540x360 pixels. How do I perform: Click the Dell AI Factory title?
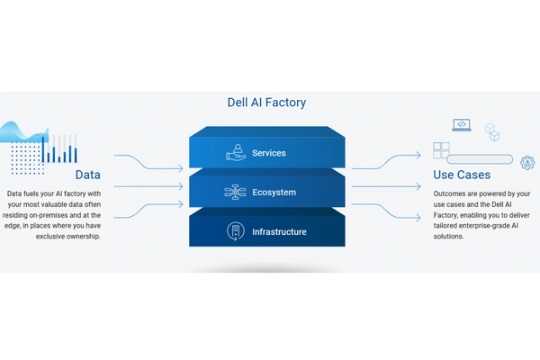(x=266, y=103)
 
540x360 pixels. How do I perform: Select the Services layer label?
(x=268, y=153)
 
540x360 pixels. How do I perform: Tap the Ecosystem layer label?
(x=274, y=193)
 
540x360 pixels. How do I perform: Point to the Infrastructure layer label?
(x=279, y=232)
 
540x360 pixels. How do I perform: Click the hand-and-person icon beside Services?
(x=236, y=152)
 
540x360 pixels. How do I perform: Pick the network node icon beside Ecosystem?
(x=235, y=193)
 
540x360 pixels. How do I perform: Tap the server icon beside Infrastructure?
(x=236, y=231)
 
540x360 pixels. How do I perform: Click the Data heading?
(x=88, y=175)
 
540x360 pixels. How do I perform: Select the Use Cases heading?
(x=462, y=175)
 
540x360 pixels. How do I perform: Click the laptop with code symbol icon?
(x=462, y=125)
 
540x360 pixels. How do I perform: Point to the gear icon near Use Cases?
(x=527, y=162)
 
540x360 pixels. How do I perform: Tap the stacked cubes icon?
(x=492, y=132)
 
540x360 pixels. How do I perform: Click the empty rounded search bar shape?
(x=480, y=159)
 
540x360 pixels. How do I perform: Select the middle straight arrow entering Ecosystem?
(x=148, y=186)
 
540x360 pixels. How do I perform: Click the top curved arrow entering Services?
(x=148, y=162)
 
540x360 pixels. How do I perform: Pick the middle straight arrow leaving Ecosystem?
(x=386, y=186)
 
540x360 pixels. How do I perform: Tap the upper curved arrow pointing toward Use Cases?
(x=386, y=162)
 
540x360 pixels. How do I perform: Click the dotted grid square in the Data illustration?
(x=28, y=158)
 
